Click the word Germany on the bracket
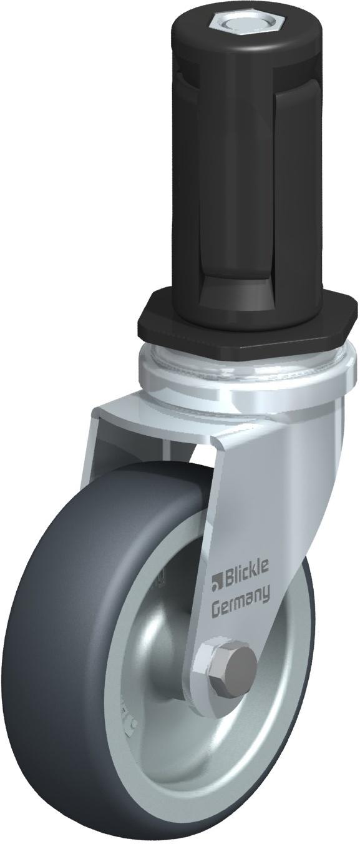pyautogui.click(x=241, y=599)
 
